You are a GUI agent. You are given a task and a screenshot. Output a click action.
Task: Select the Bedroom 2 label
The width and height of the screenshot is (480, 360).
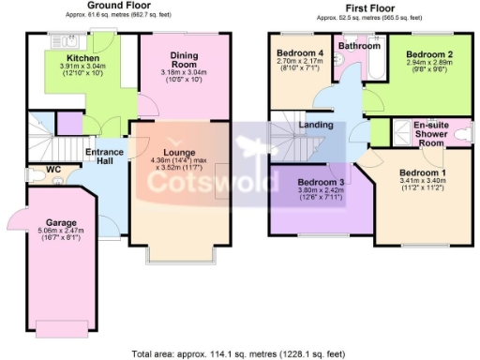423,55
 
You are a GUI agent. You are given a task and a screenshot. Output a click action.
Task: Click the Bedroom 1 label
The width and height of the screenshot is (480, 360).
423,173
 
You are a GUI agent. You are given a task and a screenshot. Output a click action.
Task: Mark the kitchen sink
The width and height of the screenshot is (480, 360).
72,40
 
